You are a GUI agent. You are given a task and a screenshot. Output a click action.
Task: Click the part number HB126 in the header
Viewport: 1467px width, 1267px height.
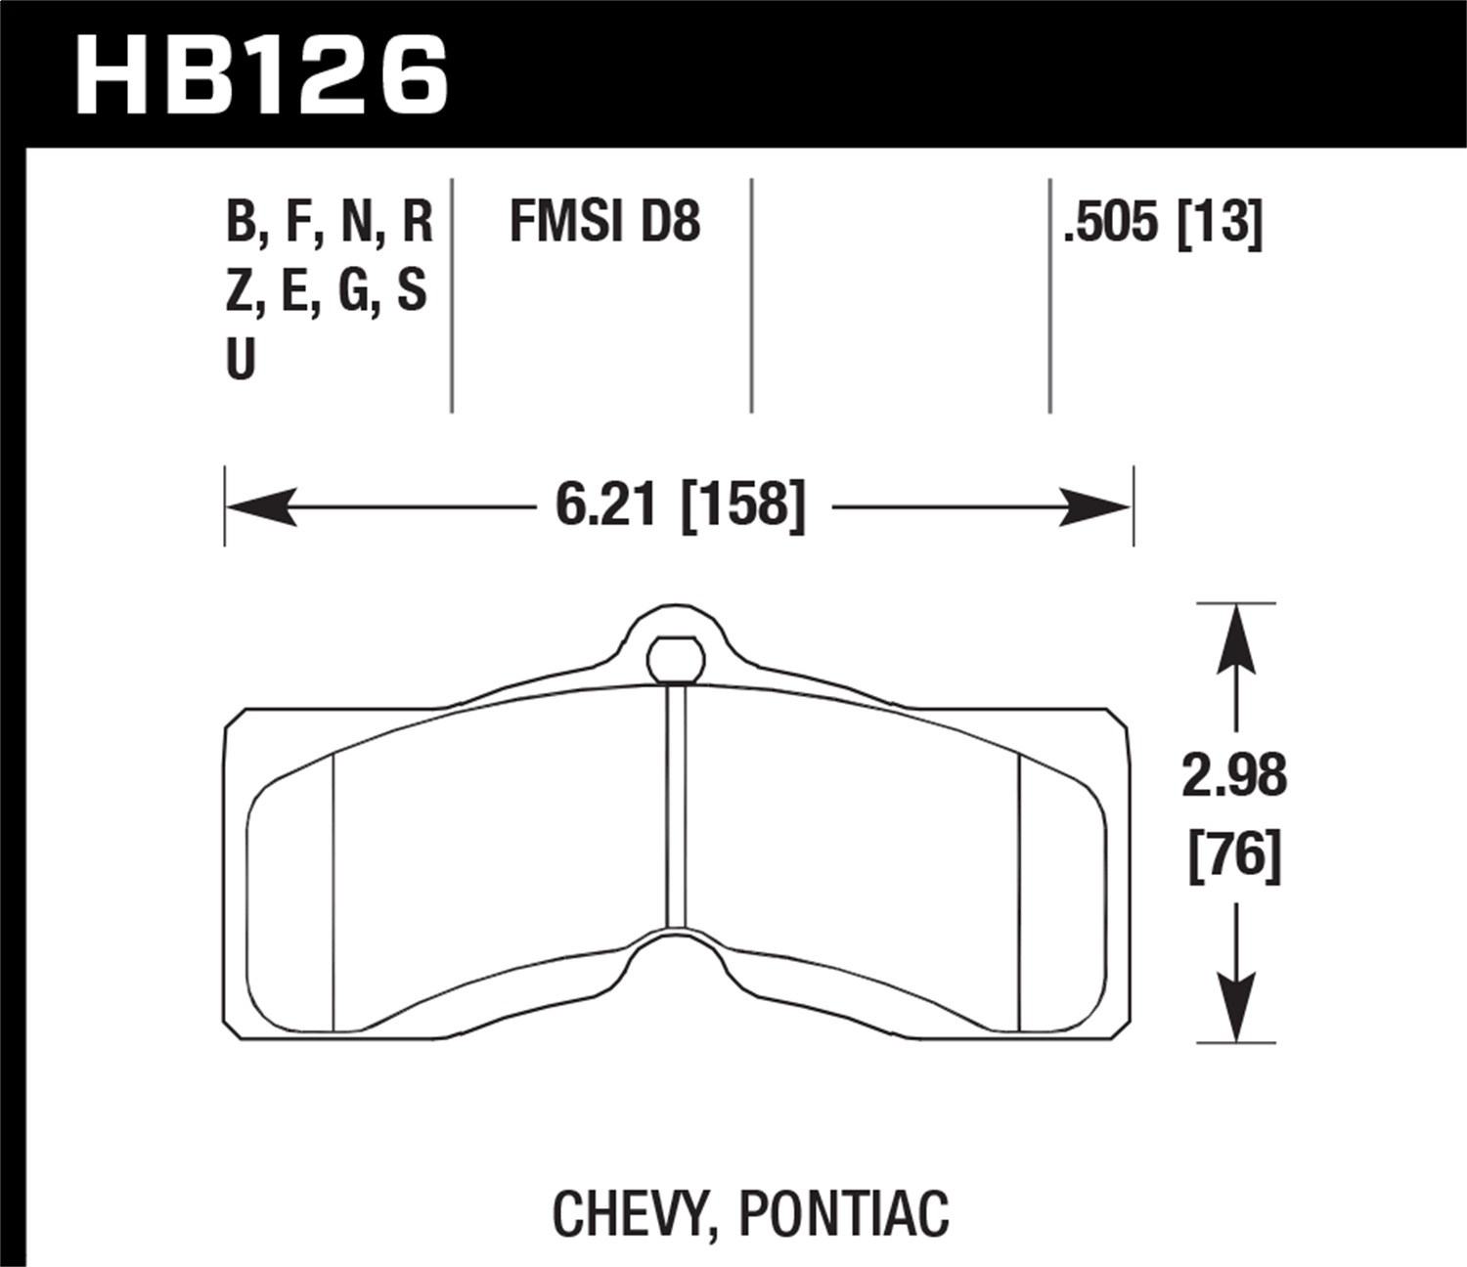click(261, 75)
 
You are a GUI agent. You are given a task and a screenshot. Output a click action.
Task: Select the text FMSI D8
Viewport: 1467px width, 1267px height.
click(604, 222)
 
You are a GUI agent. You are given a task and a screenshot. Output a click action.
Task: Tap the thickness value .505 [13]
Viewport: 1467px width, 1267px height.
click(1164, 222)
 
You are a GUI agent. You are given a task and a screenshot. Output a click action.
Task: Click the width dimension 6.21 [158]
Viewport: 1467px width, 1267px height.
click(681, 506)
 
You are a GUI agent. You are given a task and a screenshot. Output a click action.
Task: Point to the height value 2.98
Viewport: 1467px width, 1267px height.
click(1234, 777)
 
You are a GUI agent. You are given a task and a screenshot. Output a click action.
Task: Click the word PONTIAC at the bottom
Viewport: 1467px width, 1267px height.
click(844, 1213)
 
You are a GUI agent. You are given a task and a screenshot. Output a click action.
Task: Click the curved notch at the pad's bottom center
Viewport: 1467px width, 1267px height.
click(676, 953)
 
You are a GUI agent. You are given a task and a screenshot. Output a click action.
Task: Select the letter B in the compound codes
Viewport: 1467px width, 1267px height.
click(241, 222)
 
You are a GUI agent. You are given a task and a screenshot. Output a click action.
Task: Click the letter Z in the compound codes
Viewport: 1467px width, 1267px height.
click(240, 290)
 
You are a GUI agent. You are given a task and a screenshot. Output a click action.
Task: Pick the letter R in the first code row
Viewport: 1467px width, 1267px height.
click(417, 222)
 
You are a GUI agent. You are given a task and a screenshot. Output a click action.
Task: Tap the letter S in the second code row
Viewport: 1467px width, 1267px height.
click(412, 290)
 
